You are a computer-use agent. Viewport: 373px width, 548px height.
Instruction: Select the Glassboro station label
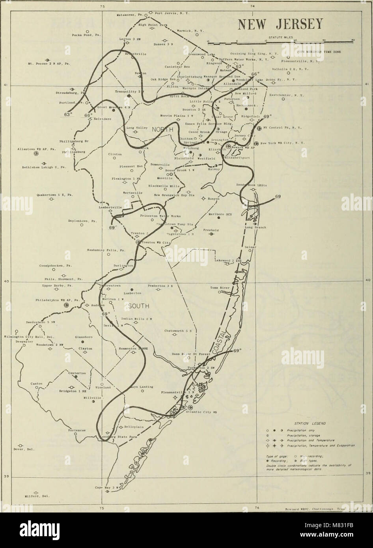(x=83, y=337)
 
